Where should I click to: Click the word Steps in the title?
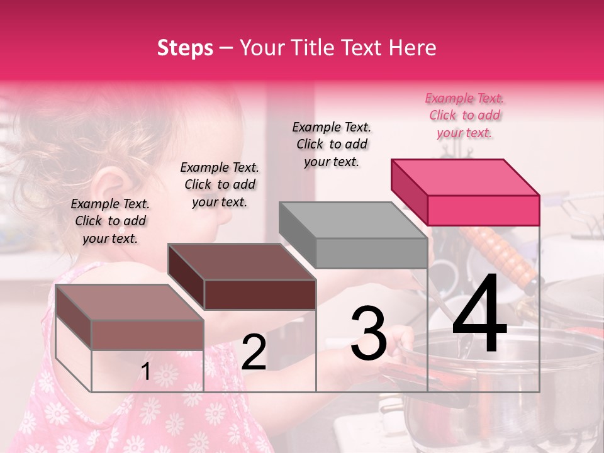tap(185, 48)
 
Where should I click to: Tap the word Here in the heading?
tap(411, 48)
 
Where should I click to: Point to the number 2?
tap(254, 352)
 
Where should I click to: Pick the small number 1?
tap(145, 371)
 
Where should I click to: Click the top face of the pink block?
tap(464, 177)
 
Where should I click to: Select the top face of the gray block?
tap(352, 220)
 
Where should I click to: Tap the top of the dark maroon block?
tap(241, 261)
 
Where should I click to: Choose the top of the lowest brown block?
tap(129, 302)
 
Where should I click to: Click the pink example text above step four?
tap(464, 115)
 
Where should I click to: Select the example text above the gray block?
tap(332, 144)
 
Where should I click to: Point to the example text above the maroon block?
tap(220, 184)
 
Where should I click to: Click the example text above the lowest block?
tap(109, 221)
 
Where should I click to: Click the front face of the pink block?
tap(483, 210)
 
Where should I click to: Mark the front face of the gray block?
tap(371, 253)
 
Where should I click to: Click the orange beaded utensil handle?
tap(500, 255)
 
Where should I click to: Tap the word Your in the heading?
tap(260, 48)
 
